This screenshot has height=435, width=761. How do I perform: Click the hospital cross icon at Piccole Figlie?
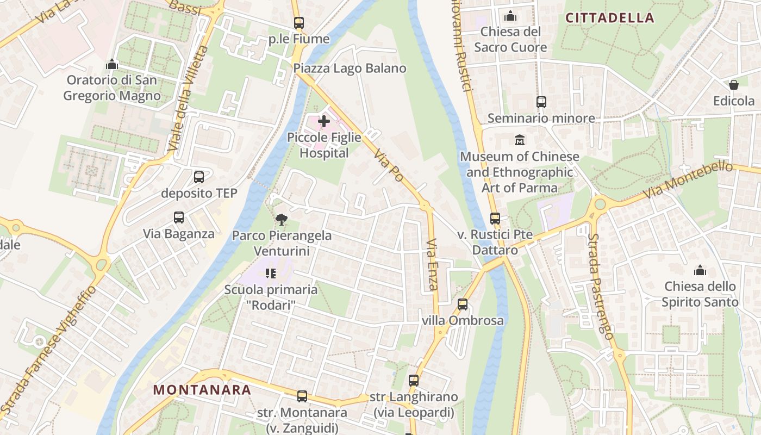point(324,121)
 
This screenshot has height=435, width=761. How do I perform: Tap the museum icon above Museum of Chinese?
point(519,140)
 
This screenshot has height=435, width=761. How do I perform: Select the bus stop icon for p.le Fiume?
point(298,23)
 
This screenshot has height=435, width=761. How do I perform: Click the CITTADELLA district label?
point(610,18)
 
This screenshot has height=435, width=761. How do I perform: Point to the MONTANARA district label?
point(202,390)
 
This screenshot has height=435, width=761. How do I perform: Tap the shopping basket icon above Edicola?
point(734,85)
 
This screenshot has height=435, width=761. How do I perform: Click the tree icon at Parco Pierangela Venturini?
point(282,219)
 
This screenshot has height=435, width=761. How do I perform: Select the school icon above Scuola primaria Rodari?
point(270,273)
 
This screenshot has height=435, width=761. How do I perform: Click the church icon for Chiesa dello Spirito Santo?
point(700,270)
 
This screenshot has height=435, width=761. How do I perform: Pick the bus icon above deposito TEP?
point(199,177)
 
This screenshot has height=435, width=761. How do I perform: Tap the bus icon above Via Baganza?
point(179,217)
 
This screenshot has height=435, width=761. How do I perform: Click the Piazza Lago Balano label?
point(350,69)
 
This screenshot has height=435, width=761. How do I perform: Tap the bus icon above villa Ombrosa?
point(463,304)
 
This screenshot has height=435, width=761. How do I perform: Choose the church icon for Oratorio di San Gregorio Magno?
point(112,64)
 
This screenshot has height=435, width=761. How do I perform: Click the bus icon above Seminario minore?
point(541,102)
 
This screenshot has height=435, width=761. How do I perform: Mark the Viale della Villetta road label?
point(188,99)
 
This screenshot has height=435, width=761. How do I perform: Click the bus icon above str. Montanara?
point(302,396)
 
